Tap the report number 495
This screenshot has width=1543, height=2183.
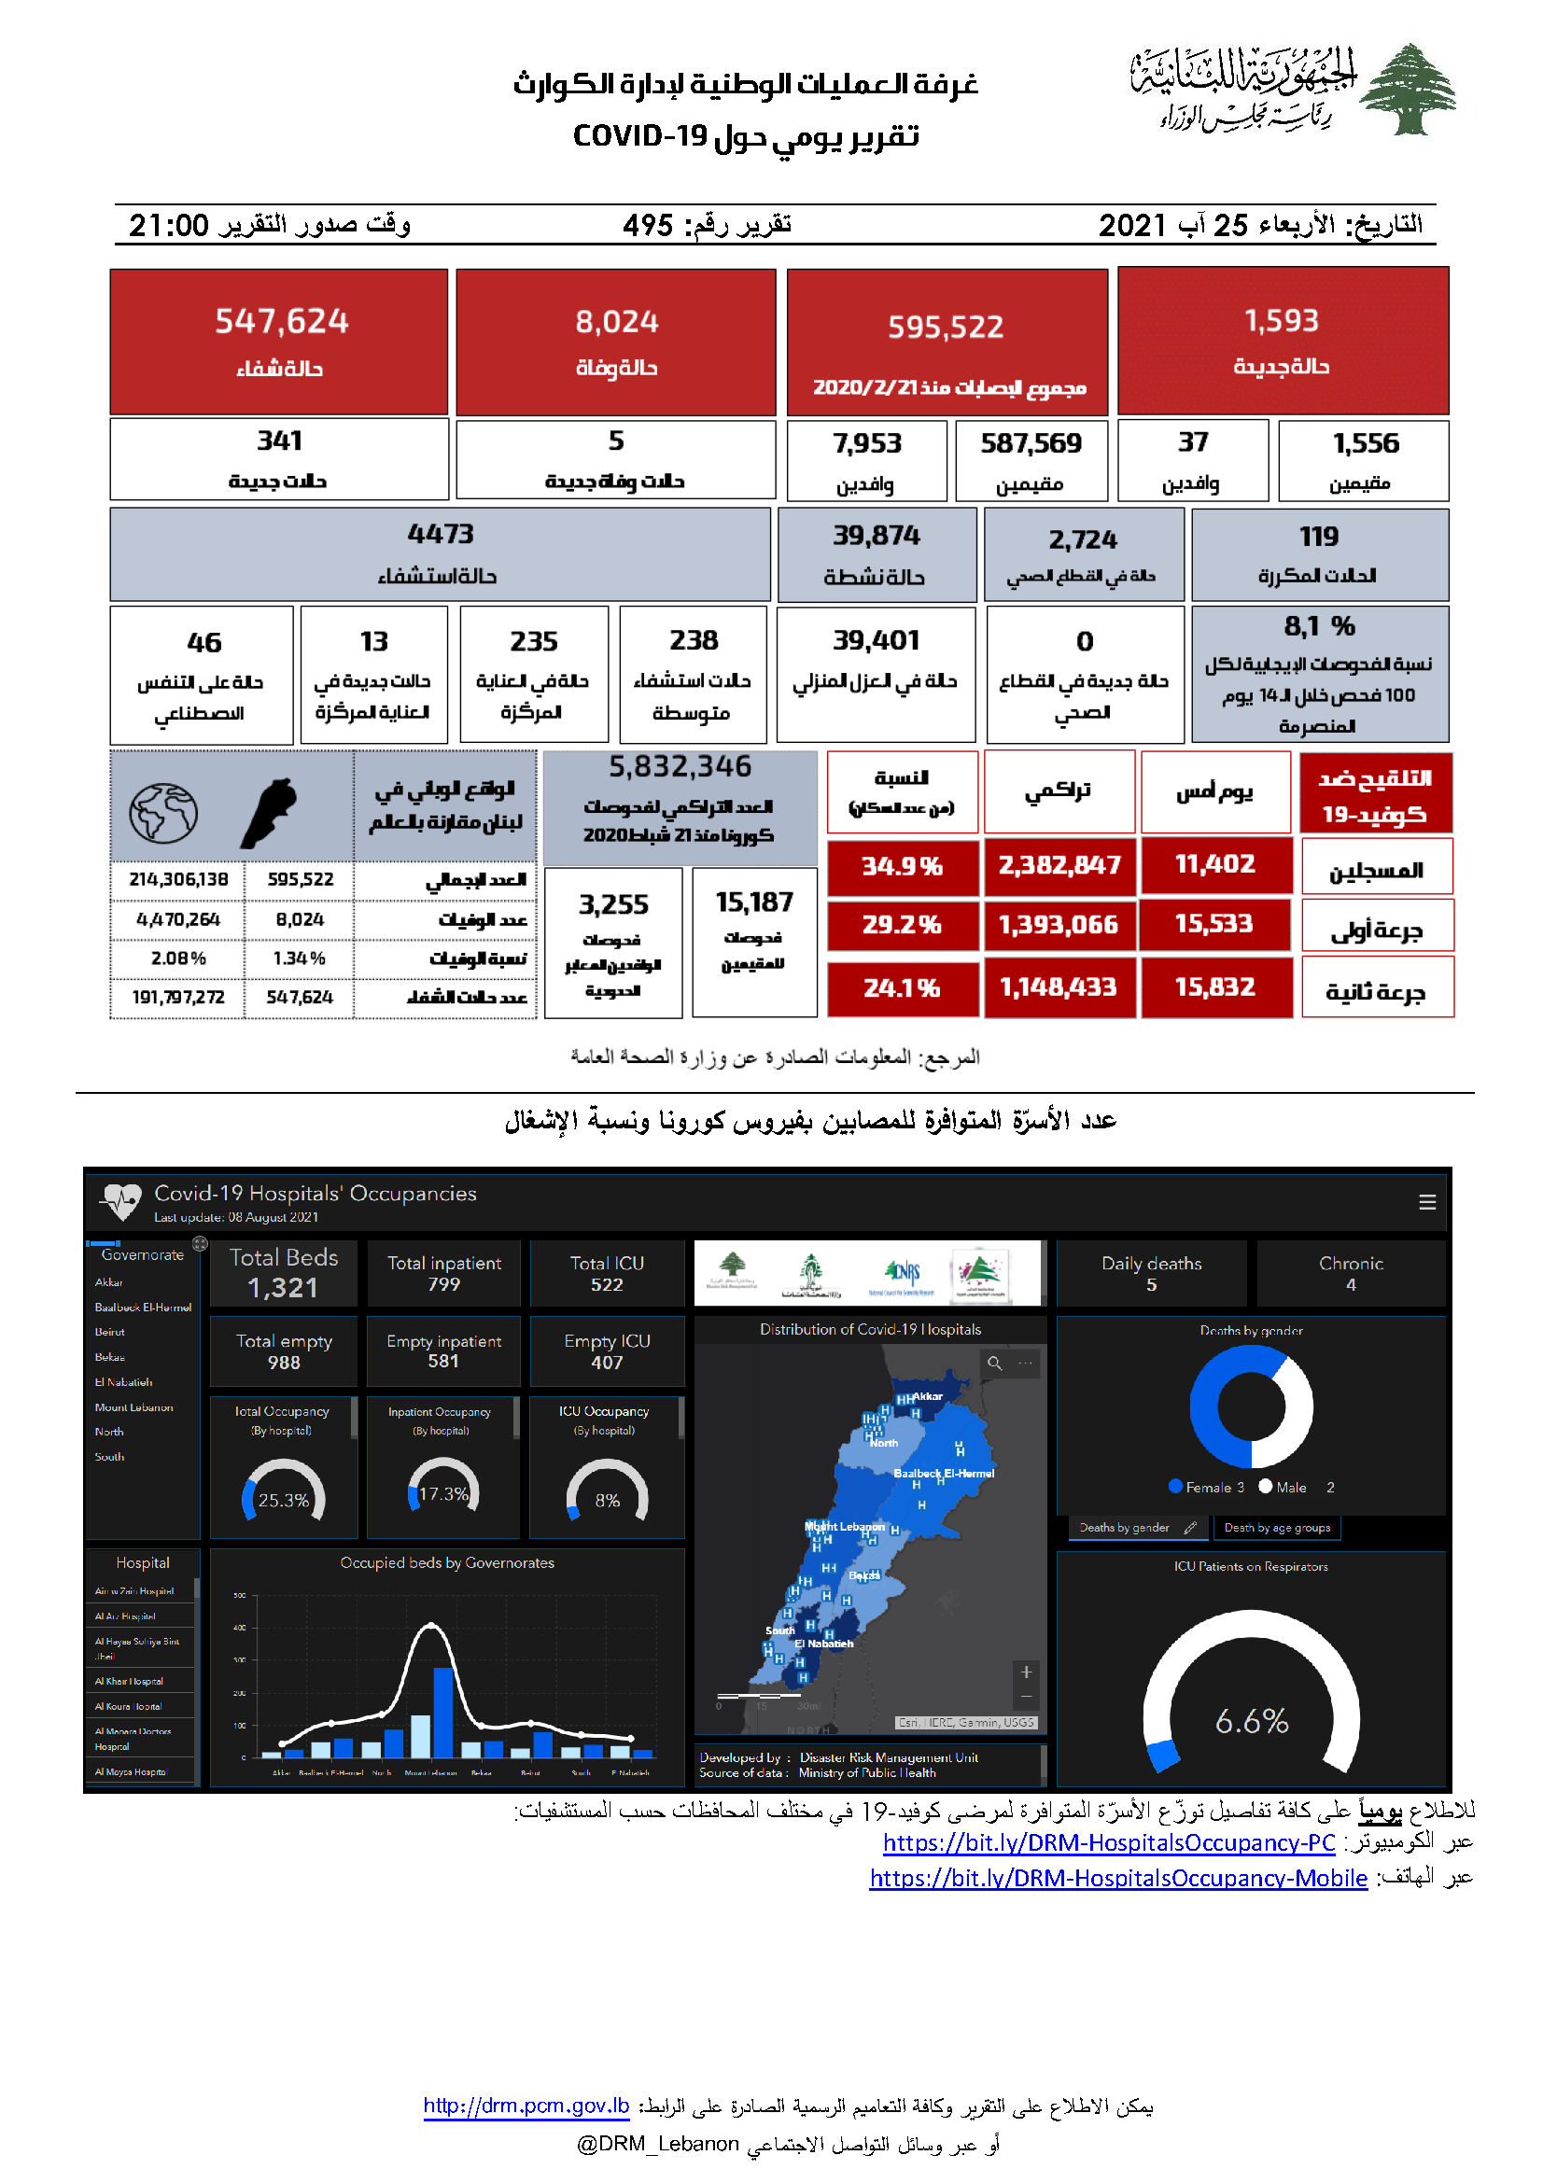(648, 225)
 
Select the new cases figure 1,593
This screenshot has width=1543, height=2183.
(1282, 321)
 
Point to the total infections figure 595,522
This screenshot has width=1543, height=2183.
(945, 327)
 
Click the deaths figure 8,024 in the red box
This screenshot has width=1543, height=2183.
(616, 322)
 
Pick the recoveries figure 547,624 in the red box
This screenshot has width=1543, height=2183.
(281, 321)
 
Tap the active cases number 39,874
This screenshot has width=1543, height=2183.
(876, 536)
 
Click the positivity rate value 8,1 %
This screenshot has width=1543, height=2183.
(1319, 626)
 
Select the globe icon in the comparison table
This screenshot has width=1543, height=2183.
(163, 813)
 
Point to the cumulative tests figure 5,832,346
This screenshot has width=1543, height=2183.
(680, 766)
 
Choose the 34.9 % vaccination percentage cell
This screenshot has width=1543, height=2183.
(902, 866)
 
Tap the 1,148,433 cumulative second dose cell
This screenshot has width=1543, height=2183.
(1059, 987)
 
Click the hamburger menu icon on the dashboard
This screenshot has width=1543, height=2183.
(1427, 1203)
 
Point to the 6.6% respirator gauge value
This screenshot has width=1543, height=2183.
(1251, 1721)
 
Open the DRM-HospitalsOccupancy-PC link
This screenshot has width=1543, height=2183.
(1109, 1842)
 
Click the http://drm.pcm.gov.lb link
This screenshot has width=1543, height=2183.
(526, 2106)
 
